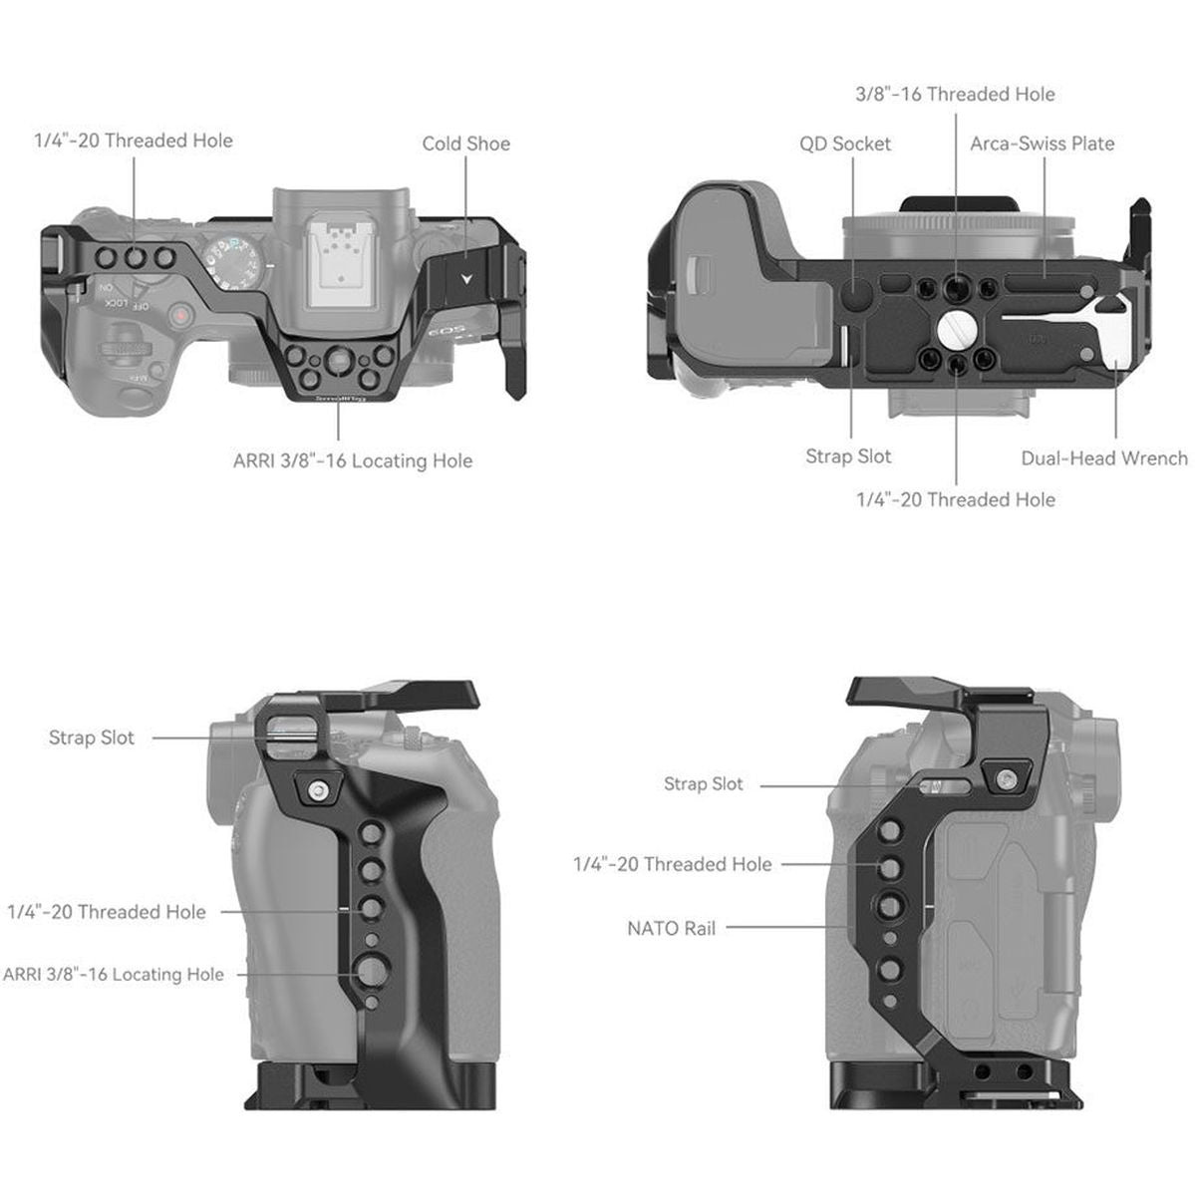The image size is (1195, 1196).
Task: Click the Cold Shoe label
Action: pos(465,144)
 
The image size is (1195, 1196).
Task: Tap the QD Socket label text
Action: pos(844,144)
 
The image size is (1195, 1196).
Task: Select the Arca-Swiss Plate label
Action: pos(1042,144)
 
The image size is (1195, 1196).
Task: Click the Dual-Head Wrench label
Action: pos(1103,458)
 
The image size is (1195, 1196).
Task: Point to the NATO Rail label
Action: pos(671,928)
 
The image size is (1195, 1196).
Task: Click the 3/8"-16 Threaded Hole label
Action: pos(955,94)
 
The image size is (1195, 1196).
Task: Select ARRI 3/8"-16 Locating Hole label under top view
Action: pos(352,460)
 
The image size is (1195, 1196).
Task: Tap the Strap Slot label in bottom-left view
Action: pos(91,738)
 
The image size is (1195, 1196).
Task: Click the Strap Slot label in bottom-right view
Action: pos(703,784)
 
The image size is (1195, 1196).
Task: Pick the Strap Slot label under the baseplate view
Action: pos(848,456)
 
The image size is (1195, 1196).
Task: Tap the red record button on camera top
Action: pos(180,317)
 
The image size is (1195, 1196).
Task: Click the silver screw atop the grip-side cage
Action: pos(317,790)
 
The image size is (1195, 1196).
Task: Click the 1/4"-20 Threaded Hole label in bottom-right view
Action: pos(672,864)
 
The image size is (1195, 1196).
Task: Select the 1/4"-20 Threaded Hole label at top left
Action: pos(133,141)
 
